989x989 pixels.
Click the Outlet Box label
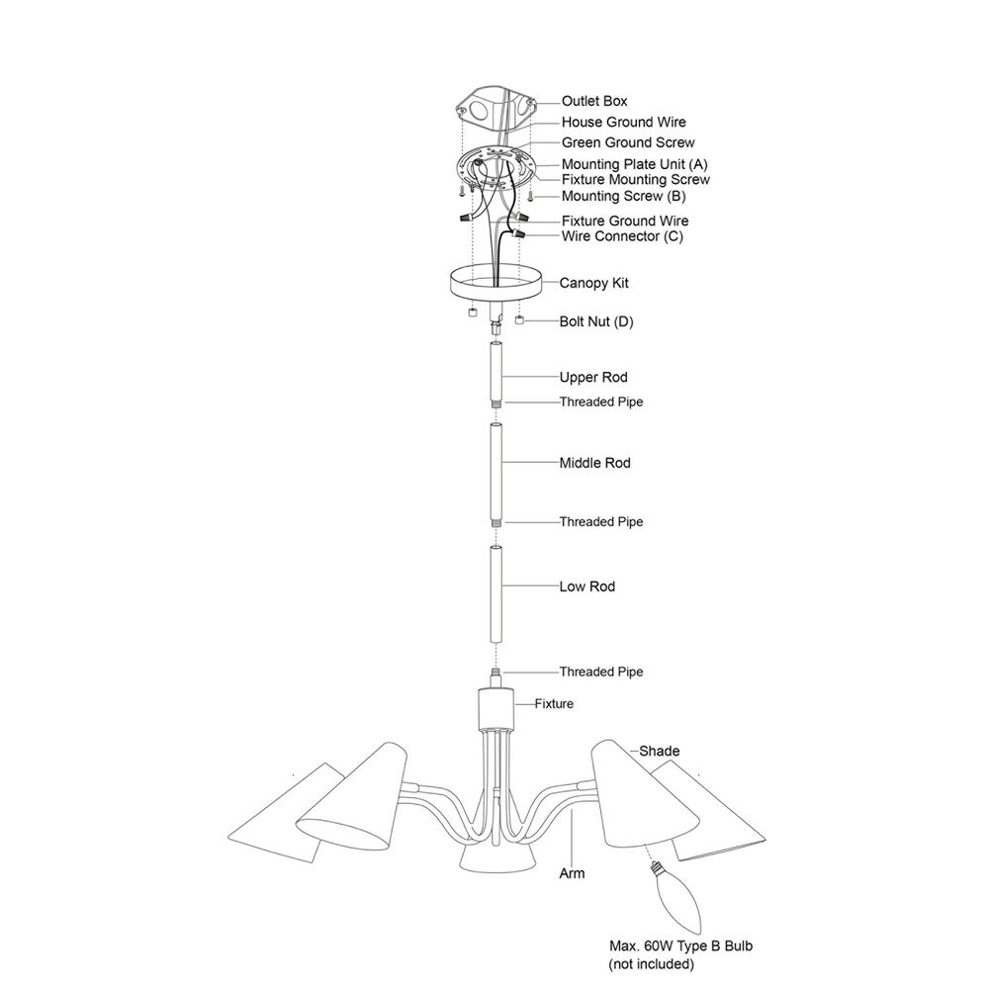(594, 101)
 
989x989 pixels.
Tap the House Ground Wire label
(624, 122)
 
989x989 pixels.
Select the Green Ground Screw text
(628, 142)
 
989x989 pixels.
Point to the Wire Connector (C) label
(622, 236)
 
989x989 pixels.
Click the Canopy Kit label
(594, 283)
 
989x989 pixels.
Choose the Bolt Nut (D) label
(596, 321)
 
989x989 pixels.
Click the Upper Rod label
(593, 377)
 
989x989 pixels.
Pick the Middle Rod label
(594, 463)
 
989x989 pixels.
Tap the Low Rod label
(587, 586)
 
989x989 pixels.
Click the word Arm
(572, 873)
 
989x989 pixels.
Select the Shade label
(659, 752)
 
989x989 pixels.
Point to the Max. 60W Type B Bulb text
(680, 946)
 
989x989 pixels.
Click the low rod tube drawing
(496, 594)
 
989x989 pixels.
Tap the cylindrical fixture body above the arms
(496, 708)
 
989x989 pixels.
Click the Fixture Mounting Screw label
(636, 180)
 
